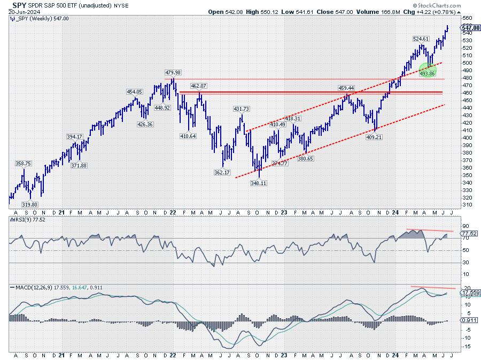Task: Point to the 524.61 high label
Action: point(422,39)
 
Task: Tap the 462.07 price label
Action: point(199,86)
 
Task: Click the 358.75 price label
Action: point(23,163)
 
